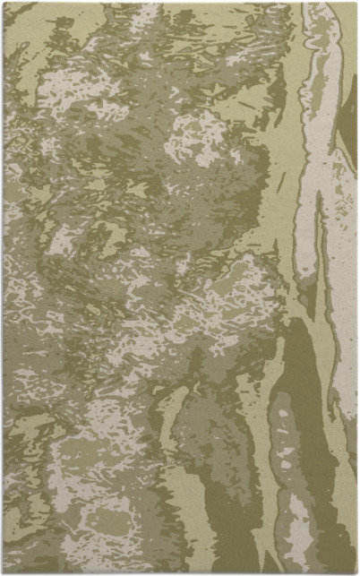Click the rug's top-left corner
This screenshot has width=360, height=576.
pos(4,3)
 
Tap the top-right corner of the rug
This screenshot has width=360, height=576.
pos(356,3)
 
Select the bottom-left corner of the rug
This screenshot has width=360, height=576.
pos(4,573)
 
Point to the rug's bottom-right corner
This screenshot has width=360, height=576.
pos(356,573)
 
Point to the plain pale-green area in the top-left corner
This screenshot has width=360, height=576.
pos(22,22)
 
